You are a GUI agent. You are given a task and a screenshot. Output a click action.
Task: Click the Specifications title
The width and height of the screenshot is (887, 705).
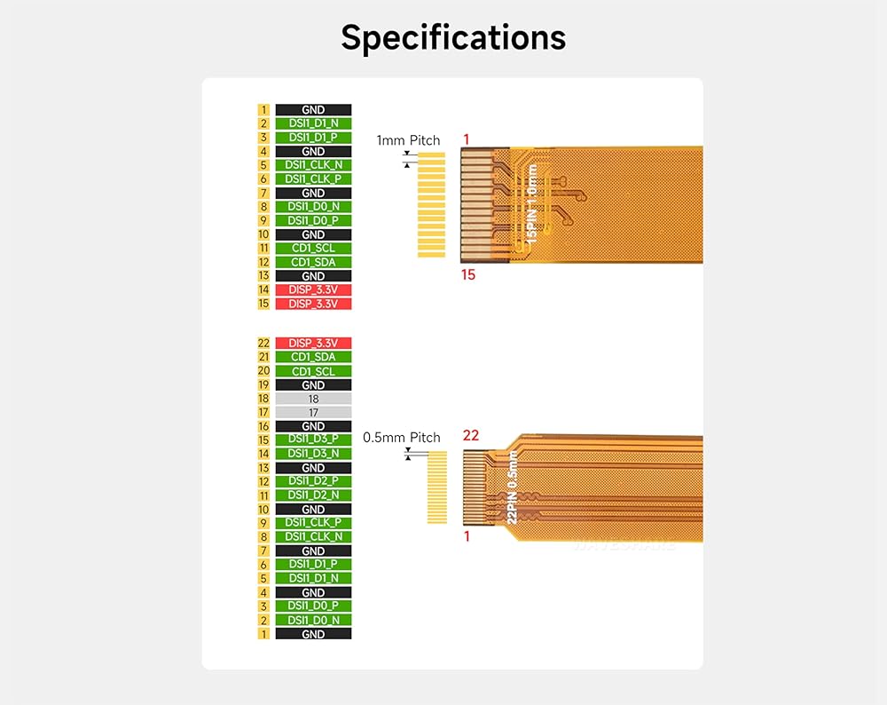453,38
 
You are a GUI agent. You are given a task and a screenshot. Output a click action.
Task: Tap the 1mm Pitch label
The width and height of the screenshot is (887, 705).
408,140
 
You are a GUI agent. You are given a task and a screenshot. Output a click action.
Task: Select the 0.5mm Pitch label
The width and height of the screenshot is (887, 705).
401,438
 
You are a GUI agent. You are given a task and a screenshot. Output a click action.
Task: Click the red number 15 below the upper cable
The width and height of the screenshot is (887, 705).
467,275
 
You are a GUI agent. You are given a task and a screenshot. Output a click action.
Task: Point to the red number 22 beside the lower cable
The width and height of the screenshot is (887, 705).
471,435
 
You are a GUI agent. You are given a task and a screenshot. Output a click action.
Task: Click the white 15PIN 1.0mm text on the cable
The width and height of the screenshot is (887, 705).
531,204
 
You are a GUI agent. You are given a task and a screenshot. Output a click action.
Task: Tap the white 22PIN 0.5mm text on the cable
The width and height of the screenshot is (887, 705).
512,487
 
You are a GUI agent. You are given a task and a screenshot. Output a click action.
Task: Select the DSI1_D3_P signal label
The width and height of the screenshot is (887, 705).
313,440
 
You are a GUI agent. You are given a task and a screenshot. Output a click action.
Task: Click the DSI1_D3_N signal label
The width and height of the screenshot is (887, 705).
313,454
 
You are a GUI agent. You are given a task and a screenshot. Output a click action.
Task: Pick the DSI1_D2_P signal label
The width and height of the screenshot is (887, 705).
313,481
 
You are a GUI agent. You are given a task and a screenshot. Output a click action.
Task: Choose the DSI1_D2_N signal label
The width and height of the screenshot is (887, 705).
313,495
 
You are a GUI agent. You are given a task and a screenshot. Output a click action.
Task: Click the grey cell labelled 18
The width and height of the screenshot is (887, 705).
313,399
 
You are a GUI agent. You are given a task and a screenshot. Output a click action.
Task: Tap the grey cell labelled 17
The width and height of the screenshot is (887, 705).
313,412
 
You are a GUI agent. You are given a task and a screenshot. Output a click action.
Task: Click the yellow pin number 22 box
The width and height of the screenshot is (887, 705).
263,343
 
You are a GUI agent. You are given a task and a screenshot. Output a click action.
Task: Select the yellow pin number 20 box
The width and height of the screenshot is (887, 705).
263,371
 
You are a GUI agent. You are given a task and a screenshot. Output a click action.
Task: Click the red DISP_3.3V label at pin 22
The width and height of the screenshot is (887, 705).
313,343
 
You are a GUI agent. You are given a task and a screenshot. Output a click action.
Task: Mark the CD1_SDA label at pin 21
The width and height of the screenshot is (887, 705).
313,357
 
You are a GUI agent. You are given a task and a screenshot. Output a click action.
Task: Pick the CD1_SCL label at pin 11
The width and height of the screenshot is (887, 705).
313,248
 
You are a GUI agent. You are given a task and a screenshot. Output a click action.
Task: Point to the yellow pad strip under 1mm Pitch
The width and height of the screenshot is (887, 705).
431,205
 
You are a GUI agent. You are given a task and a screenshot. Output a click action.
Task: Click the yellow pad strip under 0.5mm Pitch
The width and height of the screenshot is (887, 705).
436,487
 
